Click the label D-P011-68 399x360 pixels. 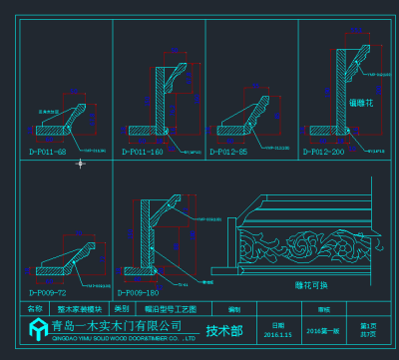(46, 152)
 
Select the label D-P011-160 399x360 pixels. (142, 152)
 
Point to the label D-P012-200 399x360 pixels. (324, 152)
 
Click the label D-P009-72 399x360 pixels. (47, 293)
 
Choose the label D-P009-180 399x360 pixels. (138, 293)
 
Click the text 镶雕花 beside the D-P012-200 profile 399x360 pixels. (360, 103)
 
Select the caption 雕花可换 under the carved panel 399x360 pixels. (311, 285)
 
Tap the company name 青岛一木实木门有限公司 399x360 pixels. (117, 326)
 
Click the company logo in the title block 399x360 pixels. (35, 329)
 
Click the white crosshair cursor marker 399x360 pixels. (80, 164)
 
